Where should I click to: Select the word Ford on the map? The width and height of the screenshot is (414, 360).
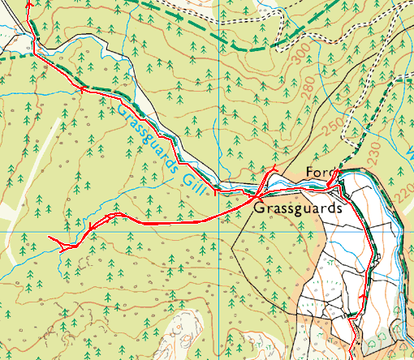pos(321,173)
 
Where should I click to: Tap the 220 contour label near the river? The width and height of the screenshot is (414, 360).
pos(403,192)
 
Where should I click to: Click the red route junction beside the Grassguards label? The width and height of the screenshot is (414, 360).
pos(256,197)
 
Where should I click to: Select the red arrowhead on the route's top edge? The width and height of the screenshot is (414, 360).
pos(31,4)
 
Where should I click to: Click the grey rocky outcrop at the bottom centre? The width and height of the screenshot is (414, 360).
pos(180,336)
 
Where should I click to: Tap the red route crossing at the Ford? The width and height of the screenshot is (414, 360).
pos(330,186)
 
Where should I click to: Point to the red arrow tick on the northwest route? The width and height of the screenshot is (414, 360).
pos(82,88)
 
